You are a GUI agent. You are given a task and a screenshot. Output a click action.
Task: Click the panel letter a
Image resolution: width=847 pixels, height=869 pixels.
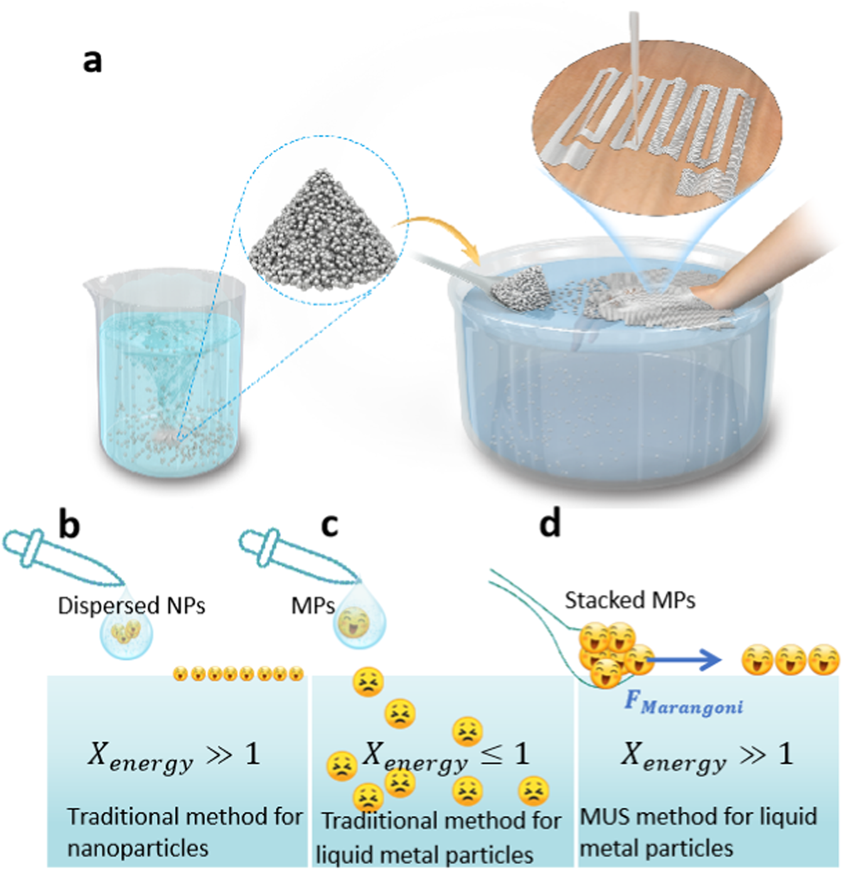point(92,61)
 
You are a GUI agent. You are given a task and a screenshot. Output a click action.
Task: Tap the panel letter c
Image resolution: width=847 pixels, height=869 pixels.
point(329,524)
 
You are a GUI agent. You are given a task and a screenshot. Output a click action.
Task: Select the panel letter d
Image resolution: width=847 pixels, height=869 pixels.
point(550,523)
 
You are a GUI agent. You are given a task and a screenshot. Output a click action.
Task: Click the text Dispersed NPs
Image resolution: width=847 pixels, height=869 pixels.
point(131,605)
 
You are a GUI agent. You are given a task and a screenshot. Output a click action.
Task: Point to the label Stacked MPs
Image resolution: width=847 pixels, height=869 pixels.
point(630,600)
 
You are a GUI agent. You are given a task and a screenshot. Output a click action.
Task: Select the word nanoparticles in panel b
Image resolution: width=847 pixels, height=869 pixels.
point(137,848)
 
